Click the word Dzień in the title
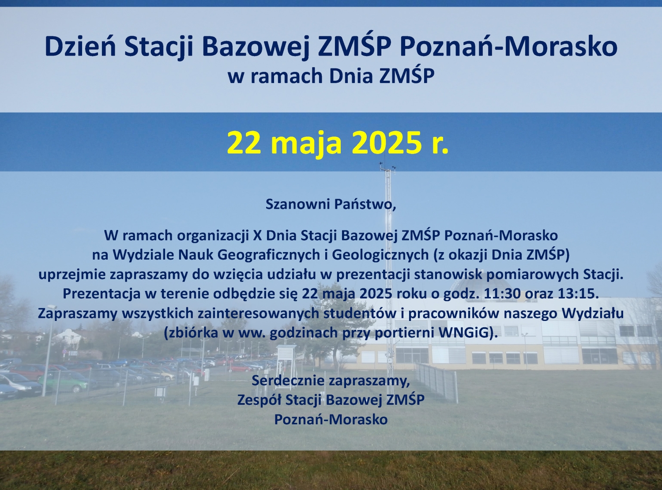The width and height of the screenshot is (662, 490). [x=80, y=47]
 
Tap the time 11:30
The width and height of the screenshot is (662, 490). [x=502, y=294]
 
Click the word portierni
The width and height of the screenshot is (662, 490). [x=405, y=333]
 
